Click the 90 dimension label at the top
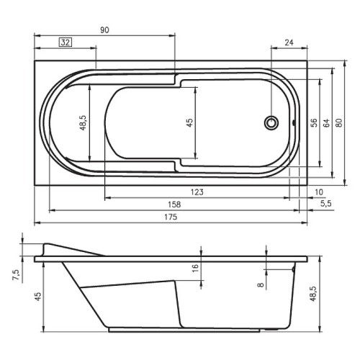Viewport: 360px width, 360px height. click(x=104, y=30)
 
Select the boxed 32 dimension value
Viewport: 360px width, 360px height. click(x=66, y=42)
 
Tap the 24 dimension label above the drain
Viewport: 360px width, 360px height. click(x=289, y=42)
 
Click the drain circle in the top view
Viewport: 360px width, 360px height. click(x=271, y=123)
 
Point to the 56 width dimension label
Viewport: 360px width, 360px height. click(x=314, y=122)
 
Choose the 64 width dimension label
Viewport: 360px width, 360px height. click(x=326, y=122)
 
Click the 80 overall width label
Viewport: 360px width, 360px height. click(x=339, y=122)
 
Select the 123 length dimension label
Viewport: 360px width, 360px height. click(x=197, y=192)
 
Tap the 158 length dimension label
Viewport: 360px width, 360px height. click(x=174, y=204)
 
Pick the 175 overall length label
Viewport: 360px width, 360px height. click(x=171, y=217)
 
